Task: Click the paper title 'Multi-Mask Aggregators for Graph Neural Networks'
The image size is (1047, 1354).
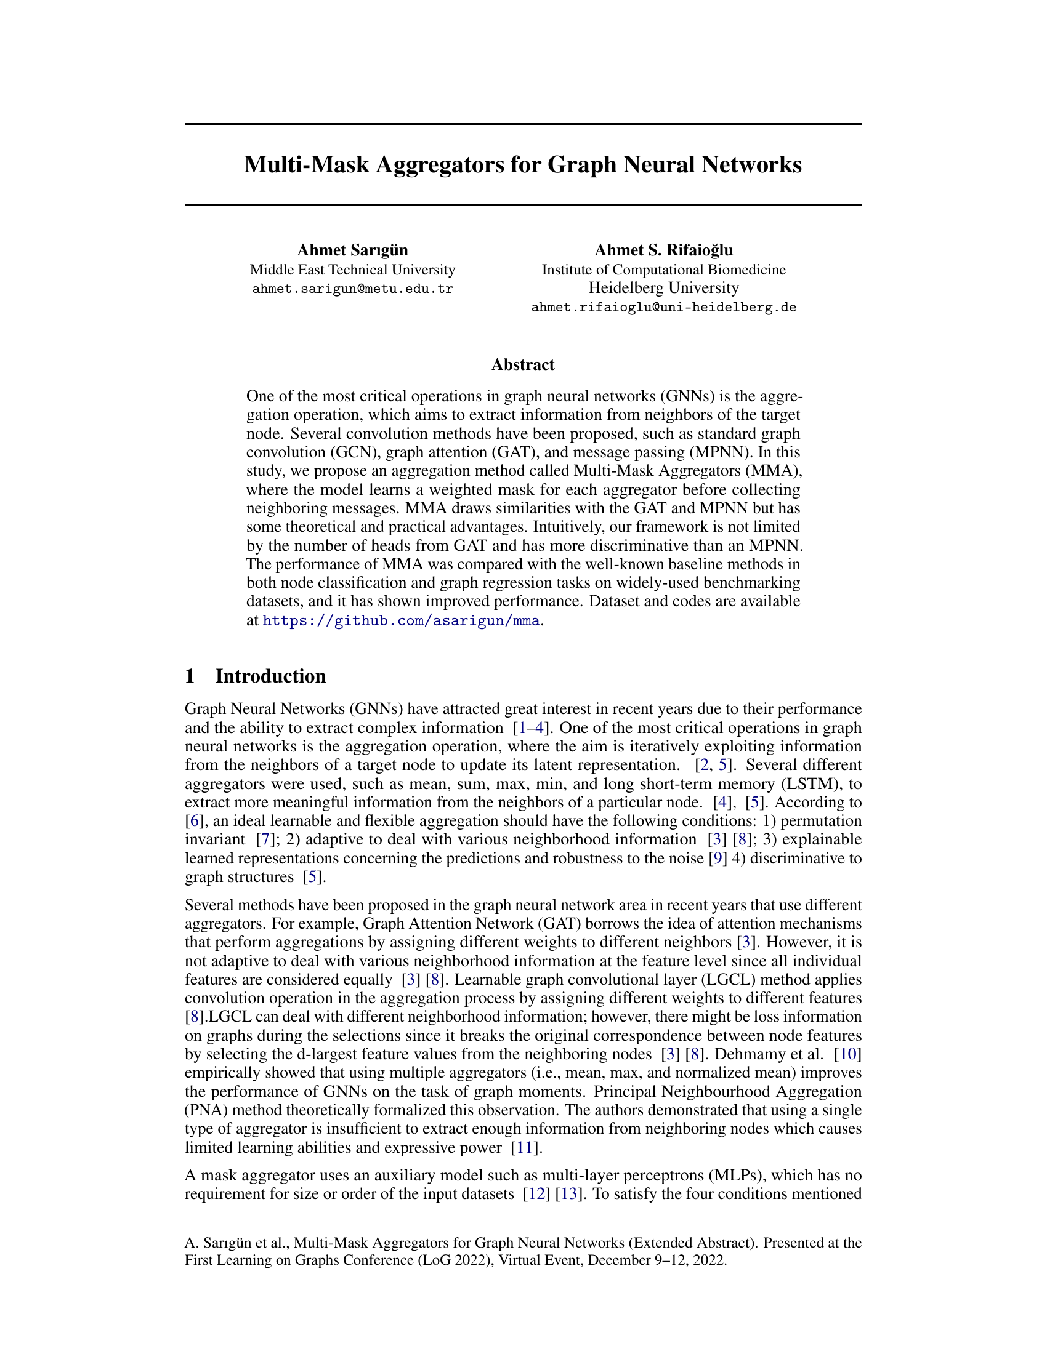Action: (523, 165)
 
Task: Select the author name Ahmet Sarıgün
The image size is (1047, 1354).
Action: (352, 250)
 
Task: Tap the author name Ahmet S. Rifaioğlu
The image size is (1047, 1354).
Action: (664, 250)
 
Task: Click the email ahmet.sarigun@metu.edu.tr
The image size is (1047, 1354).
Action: (352, 289)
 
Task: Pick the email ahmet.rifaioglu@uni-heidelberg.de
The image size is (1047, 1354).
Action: (664, 308)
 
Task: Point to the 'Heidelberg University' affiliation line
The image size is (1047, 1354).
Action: (664, 287)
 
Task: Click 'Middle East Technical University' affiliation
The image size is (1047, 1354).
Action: (352, 270)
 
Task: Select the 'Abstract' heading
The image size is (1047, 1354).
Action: (523, 364)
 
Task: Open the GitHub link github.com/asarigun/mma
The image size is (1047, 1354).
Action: (402, 620)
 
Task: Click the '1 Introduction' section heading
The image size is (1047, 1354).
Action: (256, 676)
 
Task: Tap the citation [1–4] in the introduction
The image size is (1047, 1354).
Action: (532, 728)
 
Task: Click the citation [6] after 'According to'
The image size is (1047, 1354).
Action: (193, 821)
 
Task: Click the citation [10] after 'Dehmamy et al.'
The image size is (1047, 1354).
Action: (847, 1054)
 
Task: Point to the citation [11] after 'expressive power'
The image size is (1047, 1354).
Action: (525, 1148)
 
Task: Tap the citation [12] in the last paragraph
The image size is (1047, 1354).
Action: (534, 1194)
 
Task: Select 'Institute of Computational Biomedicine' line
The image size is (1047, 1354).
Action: (664, 270)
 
